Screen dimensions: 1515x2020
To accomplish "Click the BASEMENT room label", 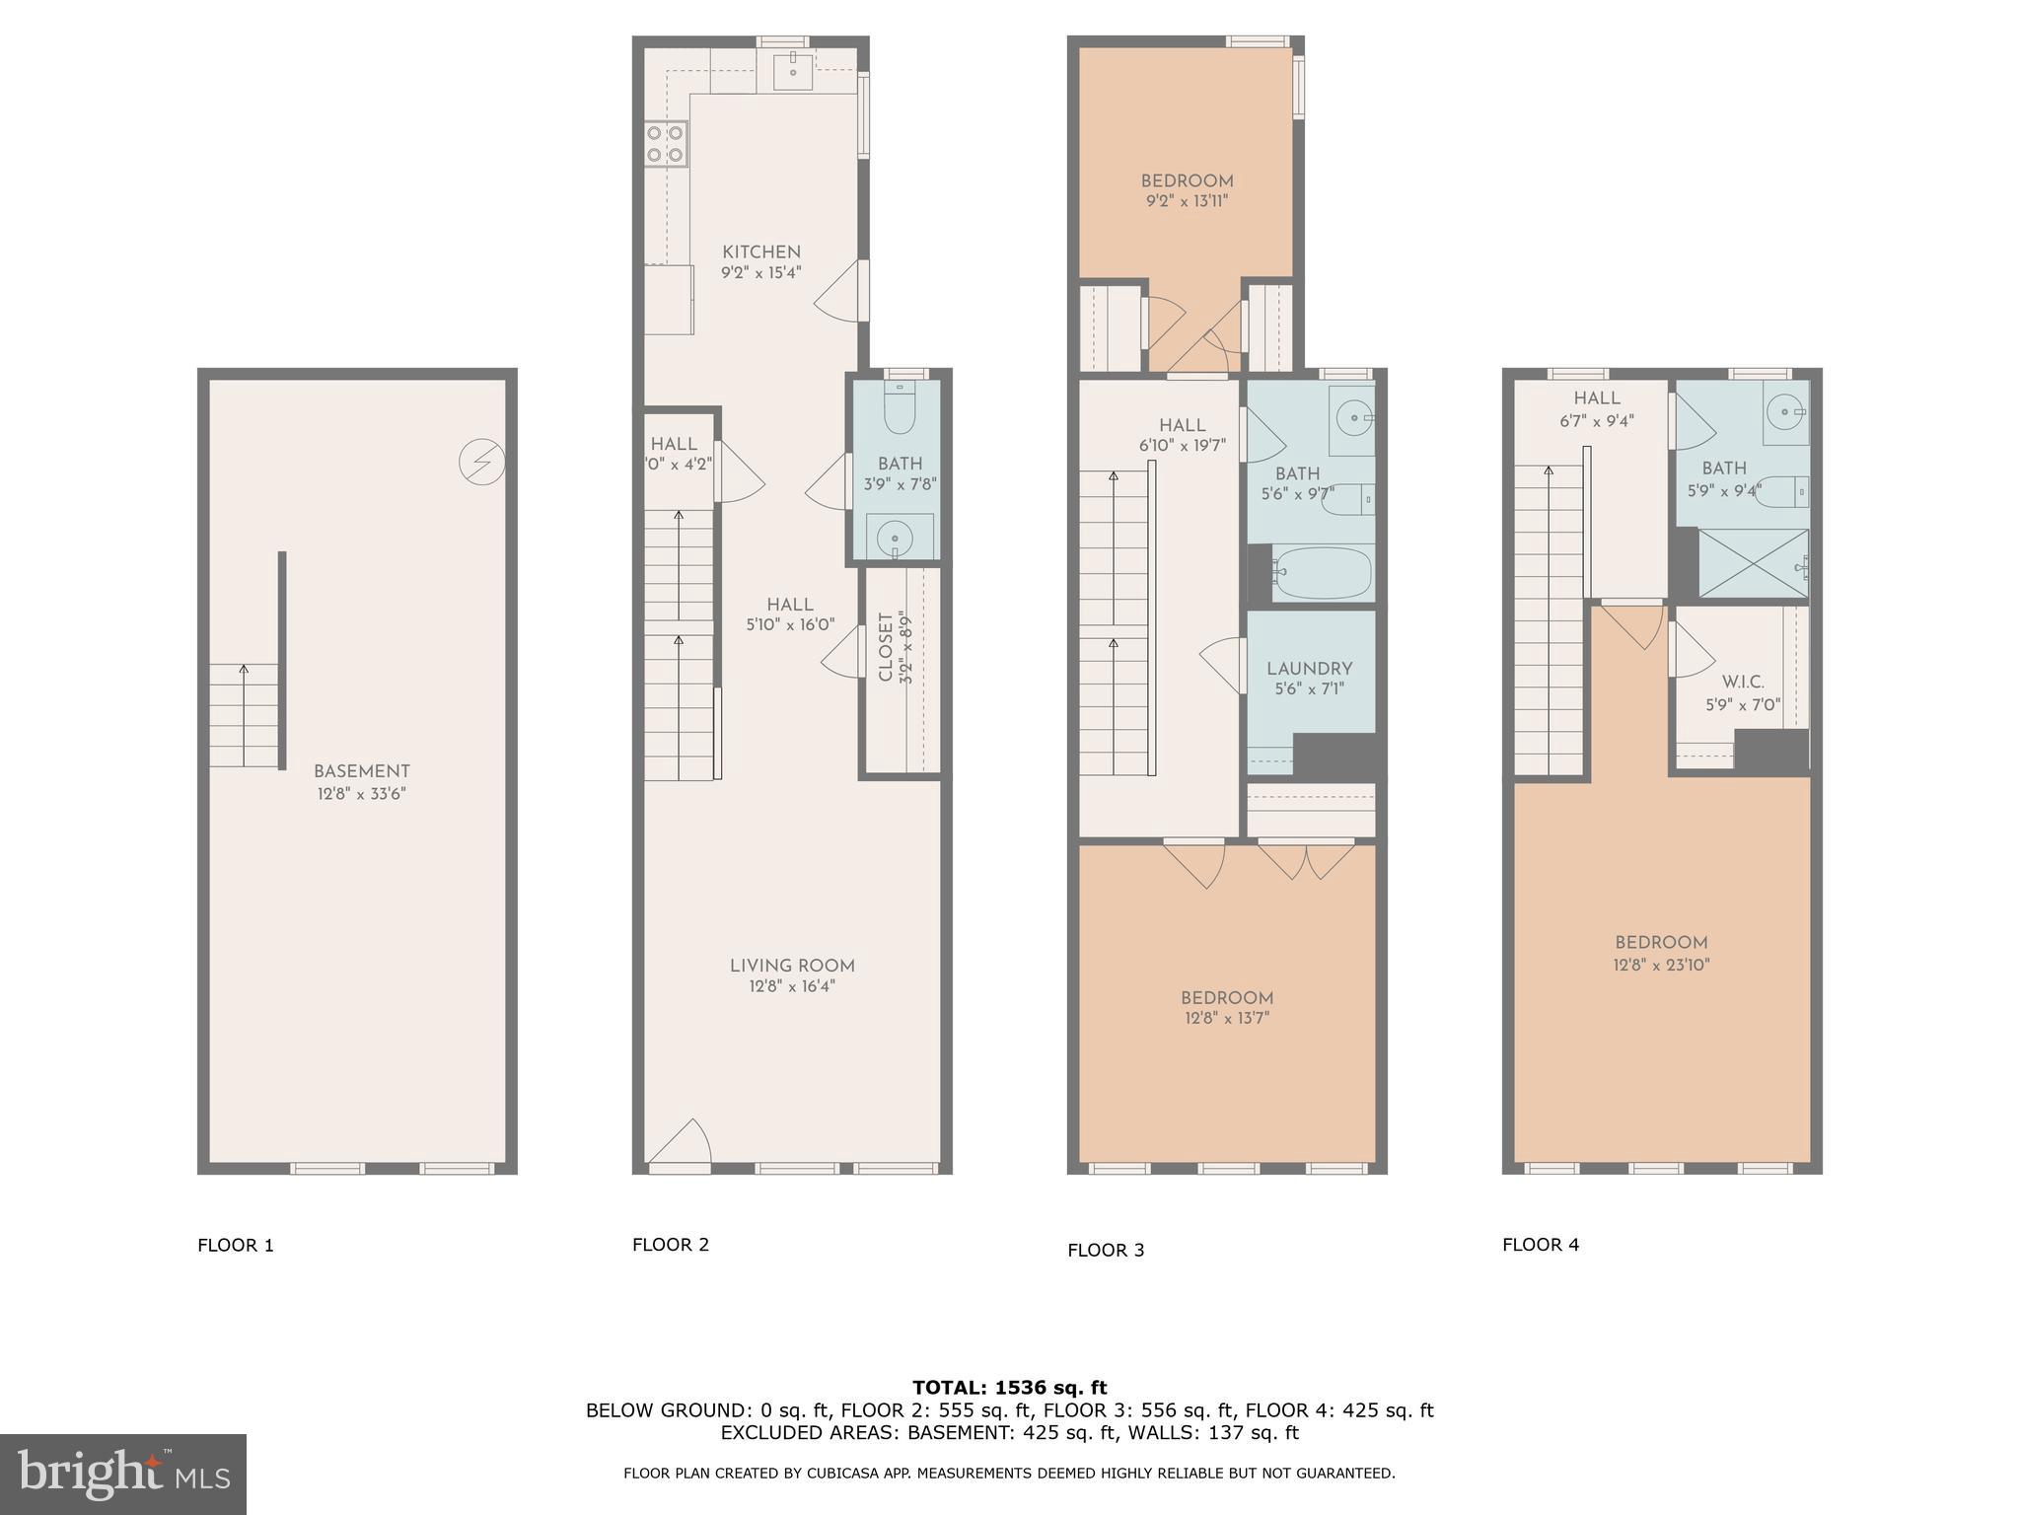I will click(x=361, y=771).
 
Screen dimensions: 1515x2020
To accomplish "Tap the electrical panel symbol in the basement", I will click(x=482, y=462).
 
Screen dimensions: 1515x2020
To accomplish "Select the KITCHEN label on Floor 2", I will click(x=760, y=252).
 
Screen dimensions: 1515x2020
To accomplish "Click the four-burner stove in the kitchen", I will click(x=666, y=143).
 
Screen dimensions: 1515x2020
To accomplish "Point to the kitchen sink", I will click(x=793, y=68).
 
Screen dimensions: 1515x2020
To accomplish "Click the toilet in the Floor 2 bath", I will click(x=899, y=408).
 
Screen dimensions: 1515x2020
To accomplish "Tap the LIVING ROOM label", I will click(x=792, y=966).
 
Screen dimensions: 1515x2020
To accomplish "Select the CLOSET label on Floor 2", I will click(x=885, y=647).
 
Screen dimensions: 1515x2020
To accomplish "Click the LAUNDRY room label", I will click(x=1309, y=669).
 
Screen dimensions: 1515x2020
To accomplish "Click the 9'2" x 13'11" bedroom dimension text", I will click(x=1187, y=201).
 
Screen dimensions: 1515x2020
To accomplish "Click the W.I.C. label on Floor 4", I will click(x=1742, y=683).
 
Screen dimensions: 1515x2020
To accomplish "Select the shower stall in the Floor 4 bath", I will click(x=1753, y=563).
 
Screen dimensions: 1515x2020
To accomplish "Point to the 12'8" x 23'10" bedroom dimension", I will click(x=1661, y=966).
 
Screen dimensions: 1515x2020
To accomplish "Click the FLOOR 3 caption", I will click(x=1105, y=1251).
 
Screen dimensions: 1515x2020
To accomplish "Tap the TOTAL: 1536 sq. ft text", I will click(x=1009, y=1388).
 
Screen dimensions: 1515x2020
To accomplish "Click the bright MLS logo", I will click(x=122, y=1474).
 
